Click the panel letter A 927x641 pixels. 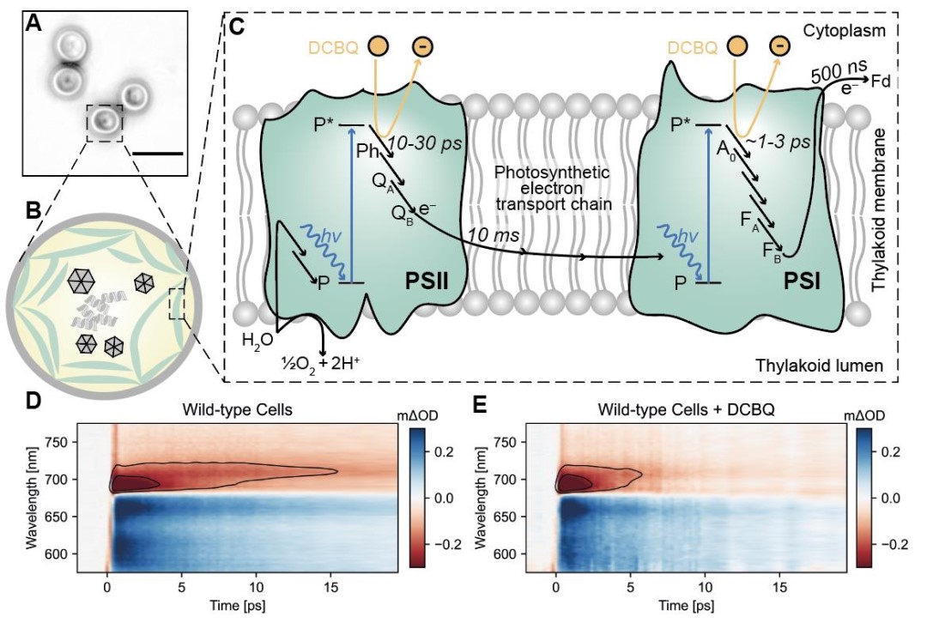(x=33, y=24)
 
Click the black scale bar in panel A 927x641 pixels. (x=159, y=154)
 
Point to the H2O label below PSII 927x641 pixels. (x=257, y=340)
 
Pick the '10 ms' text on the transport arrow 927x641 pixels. (x=490, y=234)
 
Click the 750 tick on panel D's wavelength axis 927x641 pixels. (x=59, y=443)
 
